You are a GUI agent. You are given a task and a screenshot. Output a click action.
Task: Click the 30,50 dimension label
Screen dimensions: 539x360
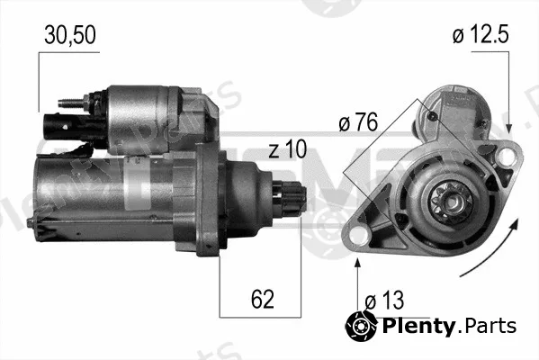pos(70,35)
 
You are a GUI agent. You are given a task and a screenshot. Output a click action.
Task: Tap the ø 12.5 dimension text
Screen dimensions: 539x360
pos(481,34)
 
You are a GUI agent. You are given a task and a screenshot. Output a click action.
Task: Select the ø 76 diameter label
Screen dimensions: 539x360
pos(358,121)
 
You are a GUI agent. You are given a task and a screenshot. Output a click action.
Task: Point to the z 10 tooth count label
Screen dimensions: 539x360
pos(287,149)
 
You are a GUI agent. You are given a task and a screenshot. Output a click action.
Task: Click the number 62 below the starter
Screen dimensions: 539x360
pos(262,299)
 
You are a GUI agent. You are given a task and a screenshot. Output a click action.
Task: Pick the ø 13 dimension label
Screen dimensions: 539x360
pos(384,301)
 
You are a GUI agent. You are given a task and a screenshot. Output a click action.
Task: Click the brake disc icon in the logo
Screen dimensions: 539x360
pos(361,325)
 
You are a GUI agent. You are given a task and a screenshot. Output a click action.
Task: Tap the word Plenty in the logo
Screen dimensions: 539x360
pos(419,326)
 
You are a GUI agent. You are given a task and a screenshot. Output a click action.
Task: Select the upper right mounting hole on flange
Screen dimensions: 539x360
pos(506,156)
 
